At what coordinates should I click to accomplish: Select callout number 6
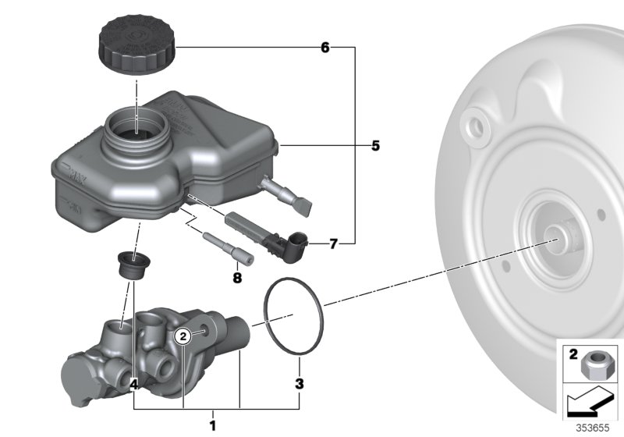pos(325,48)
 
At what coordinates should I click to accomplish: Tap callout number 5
pos(375,146)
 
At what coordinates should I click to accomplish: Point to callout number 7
pos(333,244)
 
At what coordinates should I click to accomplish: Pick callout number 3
pos(299,383)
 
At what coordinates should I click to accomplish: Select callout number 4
pos(133,384)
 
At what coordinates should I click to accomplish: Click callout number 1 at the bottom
pos(211,425)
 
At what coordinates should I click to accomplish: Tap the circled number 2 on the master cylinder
pos(182,336)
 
